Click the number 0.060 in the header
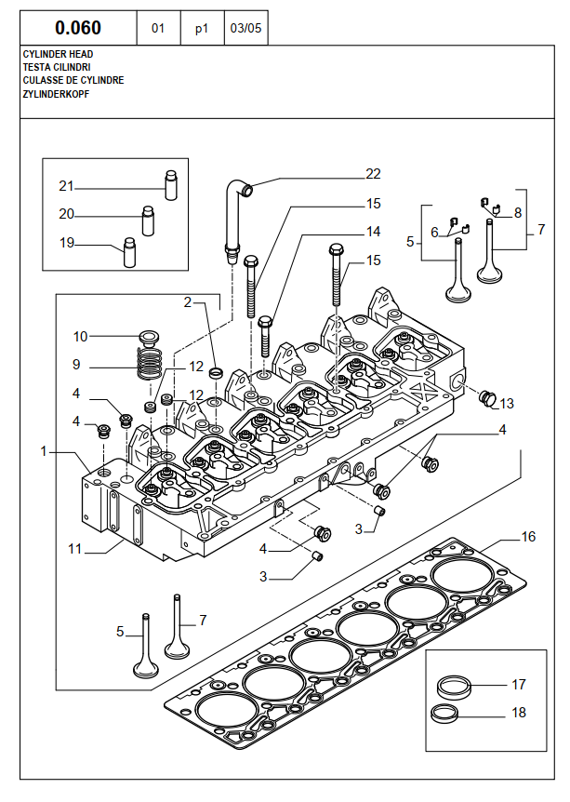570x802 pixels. (78, 28)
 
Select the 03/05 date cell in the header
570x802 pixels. (245, 28)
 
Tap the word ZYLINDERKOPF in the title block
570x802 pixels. (56, 94)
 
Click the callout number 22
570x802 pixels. (373, 174)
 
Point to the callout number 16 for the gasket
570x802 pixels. (528, 537)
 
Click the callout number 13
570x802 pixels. (507, 404)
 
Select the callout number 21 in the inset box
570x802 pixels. (66, 186)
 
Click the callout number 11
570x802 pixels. (75, 549)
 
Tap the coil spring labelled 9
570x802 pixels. (151, 363)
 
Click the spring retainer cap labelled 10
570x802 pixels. (149, 337)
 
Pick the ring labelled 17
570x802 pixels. (453, 685)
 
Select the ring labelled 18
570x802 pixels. (444, 714)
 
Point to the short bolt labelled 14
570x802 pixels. (265, 337)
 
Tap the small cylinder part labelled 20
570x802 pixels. (148, 221)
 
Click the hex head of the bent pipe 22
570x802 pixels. (232, 249)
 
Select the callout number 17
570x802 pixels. (518, 685)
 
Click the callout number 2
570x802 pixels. (188, 302)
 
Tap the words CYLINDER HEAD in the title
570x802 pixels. (59, 54)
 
